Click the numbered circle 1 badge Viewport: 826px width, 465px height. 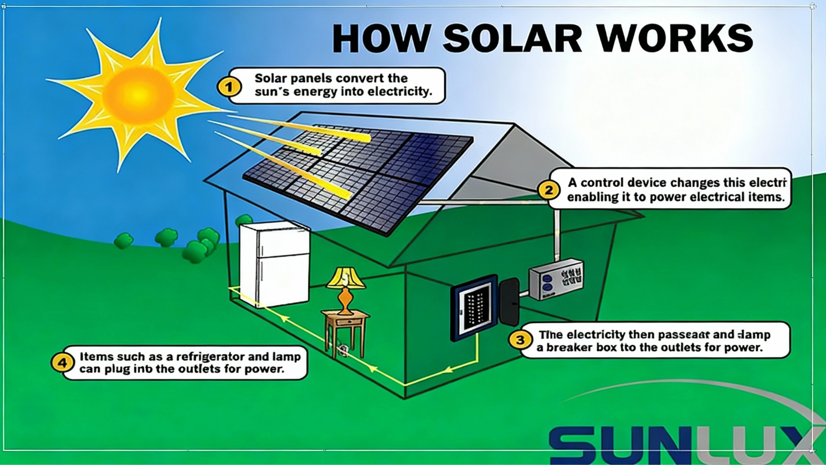(x=229, y=87)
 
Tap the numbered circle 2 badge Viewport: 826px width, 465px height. (x=548, y=190)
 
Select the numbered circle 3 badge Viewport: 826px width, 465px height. (x=520, y=340)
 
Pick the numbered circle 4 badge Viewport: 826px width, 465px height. (x=62, y=363)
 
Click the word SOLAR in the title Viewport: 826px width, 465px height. (x=513, y=38)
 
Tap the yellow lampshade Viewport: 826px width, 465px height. (x=345, y=278)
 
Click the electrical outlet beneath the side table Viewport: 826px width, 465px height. (x=342, y=351)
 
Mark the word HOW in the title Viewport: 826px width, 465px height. (x=381, y=38)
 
